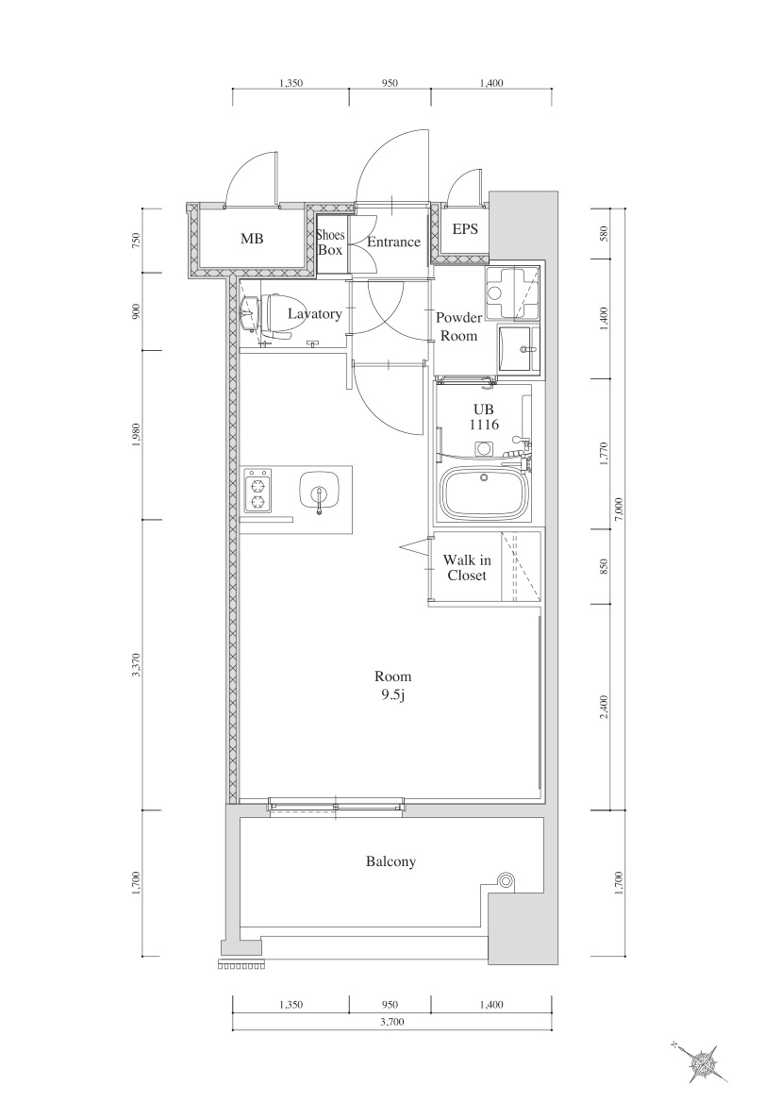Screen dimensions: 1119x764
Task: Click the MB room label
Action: point(252,239)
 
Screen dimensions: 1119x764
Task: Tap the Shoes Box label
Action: point(330,242)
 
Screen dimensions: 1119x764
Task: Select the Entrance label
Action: point(393,242)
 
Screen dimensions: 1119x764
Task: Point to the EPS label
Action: point(465,229)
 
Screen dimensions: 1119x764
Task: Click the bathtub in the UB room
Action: point(485,493)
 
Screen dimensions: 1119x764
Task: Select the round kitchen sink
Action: point(318,492)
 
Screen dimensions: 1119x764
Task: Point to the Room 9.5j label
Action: point(392,686)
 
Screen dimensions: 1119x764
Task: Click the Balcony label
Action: point(390,861)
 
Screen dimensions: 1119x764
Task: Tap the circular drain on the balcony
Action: point(507,881)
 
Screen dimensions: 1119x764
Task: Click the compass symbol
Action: point(704,1062)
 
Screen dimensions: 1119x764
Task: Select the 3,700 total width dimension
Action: point(392,1022)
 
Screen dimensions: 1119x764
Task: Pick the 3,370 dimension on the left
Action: point(137,665)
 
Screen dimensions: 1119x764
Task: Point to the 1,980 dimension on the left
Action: point(137,435)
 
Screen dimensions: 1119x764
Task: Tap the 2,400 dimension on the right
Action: point(604,707)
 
